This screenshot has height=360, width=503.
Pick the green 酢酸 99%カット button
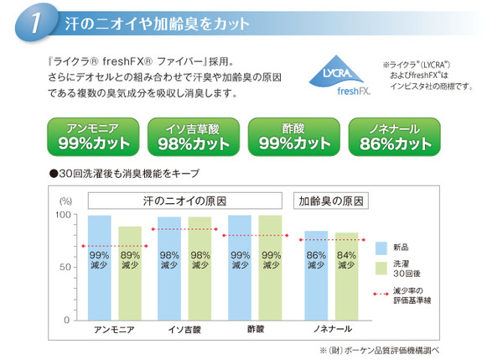(x=294, y=136)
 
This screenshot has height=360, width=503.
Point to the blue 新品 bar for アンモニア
(x=100, y=268)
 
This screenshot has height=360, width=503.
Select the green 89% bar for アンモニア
(x=129, y=273)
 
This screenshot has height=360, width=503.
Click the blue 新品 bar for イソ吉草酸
(x=169, y=269)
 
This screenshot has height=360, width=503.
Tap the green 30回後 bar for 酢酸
(x=270, y=268)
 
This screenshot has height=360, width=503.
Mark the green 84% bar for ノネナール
(x=345, y=276)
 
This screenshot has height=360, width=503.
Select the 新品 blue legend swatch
(x=381, y=248)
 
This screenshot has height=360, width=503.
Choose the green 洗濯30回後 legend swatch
(x=381, y=269)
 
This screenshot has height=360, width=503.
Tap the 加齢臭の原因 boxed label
(x=330, y=201)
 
